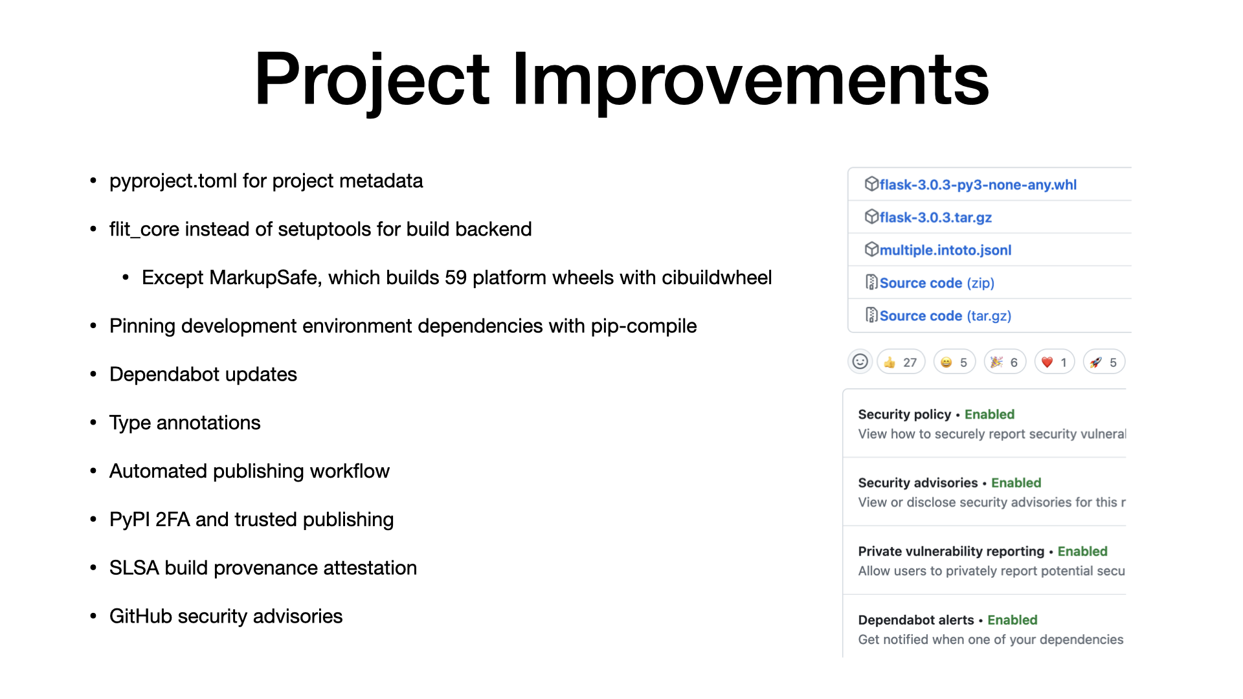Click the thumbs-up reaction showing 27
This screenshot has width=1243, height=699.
[x=901, y=362]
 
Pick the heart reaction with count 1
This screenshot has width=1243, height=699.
[x=1055, y=362]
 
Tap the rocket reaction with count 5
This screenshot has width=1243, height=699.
[x=1104, y=362]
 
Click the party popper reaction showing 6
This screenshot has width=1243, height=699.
[x=1005, y=362]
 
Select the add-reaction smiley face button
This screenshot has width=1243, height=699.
[x=860, y=362]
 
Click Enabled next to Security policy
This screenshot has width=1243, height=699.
[x=989, y=414]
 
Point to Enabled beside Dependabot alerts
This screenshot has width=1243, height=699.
[x=1012, y=620]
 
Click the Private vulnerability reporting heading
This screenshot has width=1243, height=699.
[x=951, y=551]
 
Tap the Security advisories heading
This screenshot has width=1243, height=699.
[x=918, y=483]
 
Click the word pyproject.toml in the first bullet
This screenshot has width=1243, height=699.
[x=173, y=181]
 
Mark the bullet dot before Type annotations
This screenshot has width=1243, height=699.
[x=93, y=423]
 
